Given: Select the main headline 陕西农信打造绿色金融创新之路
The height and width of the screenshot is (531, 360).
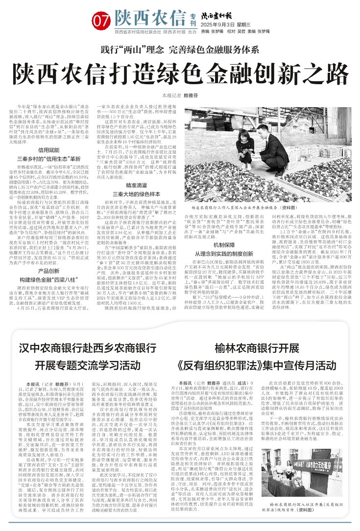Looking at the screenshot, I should coord(179,73).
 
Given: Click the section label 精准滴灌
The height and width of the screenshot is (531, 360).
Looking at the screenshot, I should coord(136,172).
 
